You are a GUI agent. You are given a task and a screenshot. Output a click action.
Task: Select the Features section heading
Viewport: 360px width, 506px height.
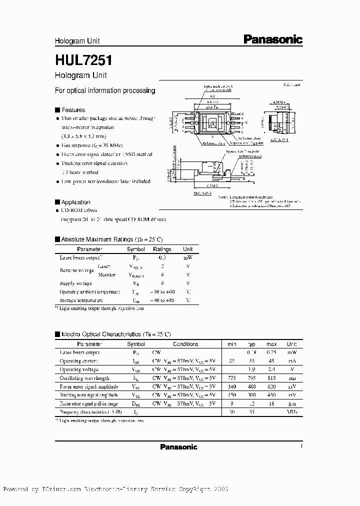click(x=73, y=110)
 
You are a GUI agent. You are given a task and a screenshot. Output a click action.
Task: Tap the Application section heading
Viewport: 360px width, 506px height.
click(x=75, y=202)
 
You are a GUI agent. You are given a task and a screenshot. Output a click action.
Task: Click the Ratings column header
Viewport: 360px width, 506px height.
click(x=162, y=249)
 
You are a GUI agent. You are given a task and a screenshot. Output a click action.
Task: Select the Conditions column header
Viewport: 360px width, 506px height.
click(x=185, y=344)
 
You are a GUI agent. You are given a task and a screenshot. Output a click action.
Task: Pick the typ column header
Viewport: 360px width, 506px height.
click(x=251, y=344)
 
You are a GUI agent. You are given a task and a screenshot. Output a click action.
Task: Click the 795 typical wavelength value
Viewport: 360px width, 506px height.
click(x=251, y=378)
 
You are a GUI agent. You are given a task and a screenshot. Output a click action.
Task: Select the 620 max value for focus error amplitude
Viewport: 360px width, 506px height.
click(x=271, y=386)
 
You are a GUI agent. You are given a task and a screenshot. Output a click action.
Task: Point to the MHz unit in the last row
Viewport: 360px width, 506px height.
click(x=291, y=411)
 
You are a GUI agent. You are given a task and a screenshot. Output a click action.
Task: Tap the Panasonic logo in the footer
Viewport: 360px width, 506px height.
click(x=178, y=446)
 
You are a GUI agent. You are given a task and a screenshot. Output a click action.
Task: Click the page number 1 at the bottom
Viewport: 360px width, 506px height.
click(x=301, y=446)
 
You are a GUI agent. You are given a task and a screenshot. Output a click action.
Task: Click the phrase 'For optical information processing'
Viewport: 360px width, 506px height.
click(x=104, y=90)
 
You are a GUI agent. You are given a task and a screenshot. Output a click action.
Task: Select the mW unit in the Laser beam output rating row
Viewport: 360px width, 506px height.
click(x=188, y=257)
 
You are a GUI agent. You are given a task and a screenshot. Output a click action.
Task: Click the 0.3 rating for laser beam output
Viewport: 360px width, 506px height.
click(x=162, y=257)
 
